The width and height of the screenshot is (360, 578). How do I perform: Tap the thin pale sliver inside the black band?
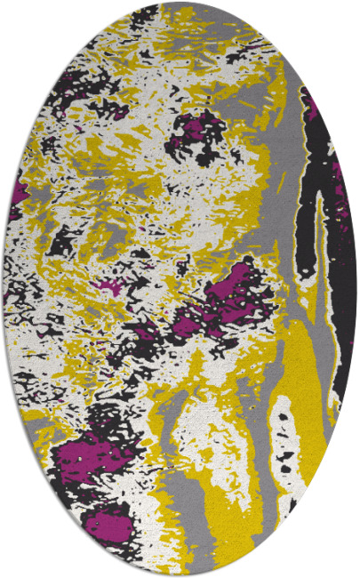point(319,249)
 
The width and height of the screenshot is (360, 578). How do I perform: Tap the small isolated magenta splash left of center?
point(109,286)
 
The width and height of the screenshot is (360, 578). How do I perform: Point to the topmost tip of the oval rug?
point(180,3)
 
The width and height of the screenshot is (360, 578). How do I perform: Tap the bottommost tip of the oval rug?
point(180,575)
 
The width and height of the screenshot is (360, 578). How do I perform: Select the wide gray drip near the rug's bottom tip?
point(182,516)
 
